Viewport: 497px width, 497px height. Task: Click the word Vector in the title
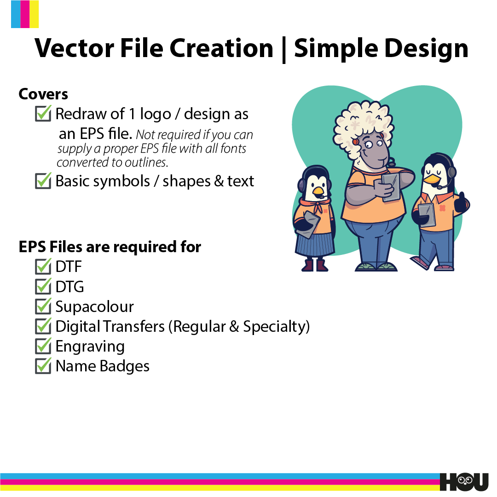click(x=75, y=48)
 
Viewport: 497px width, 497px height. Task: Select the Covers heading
click(x=43, y=94)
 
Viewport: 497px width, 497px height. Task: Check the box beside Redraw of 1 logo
click(x=43, y=113)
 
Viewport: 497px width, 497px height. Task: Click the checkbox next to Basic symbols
click(x=43, y=181)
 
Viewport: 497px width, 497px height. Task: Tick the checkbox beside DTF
click(x=43, y=266)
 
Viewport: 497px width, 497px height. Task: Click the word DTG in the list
click(x=70, y=287)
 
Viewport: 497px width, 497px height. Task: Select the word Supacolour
click(x=94, y=307)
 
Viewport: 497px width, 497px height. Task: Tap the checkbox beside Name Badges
click(x=43, y=366)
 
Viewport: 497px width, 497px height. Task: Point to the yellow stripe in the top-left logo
click(x=34, y=14)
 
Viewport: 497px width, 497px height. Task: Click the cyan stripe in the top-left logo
click(x=16, y=14)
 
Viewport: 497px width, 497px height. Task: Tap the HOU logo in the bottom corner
click(x=464, y=482)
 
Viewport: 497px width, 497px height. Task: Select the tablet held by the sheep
click(x=391, y=187)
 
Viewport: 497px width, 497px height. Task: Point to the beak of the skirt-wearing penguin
click(x=318, y=191)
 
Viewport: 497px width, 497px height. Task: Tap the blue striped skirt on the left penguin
click(x=315, y=244)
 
